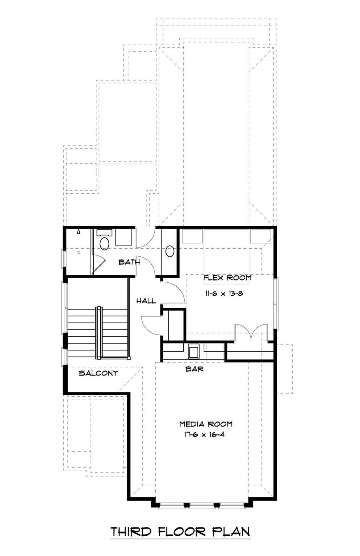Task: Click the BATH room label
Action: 129,262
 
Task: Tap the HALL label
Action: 146,301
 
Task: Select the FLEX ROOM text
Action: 227,278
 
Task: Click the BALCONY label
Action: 99,373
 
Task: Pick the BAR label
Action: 194,369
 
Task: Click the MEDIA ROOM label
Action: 206,424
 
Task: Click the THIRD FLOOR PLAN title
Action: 180,532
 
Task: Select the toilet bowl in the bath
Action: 104,244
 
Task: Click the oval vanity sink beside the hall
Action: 170,251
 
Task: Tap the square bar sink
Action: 194,351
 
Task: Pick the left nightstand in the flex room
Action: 192,236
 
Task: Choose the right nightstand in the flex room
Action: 260,236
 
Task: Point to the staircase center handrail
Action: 98,333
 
